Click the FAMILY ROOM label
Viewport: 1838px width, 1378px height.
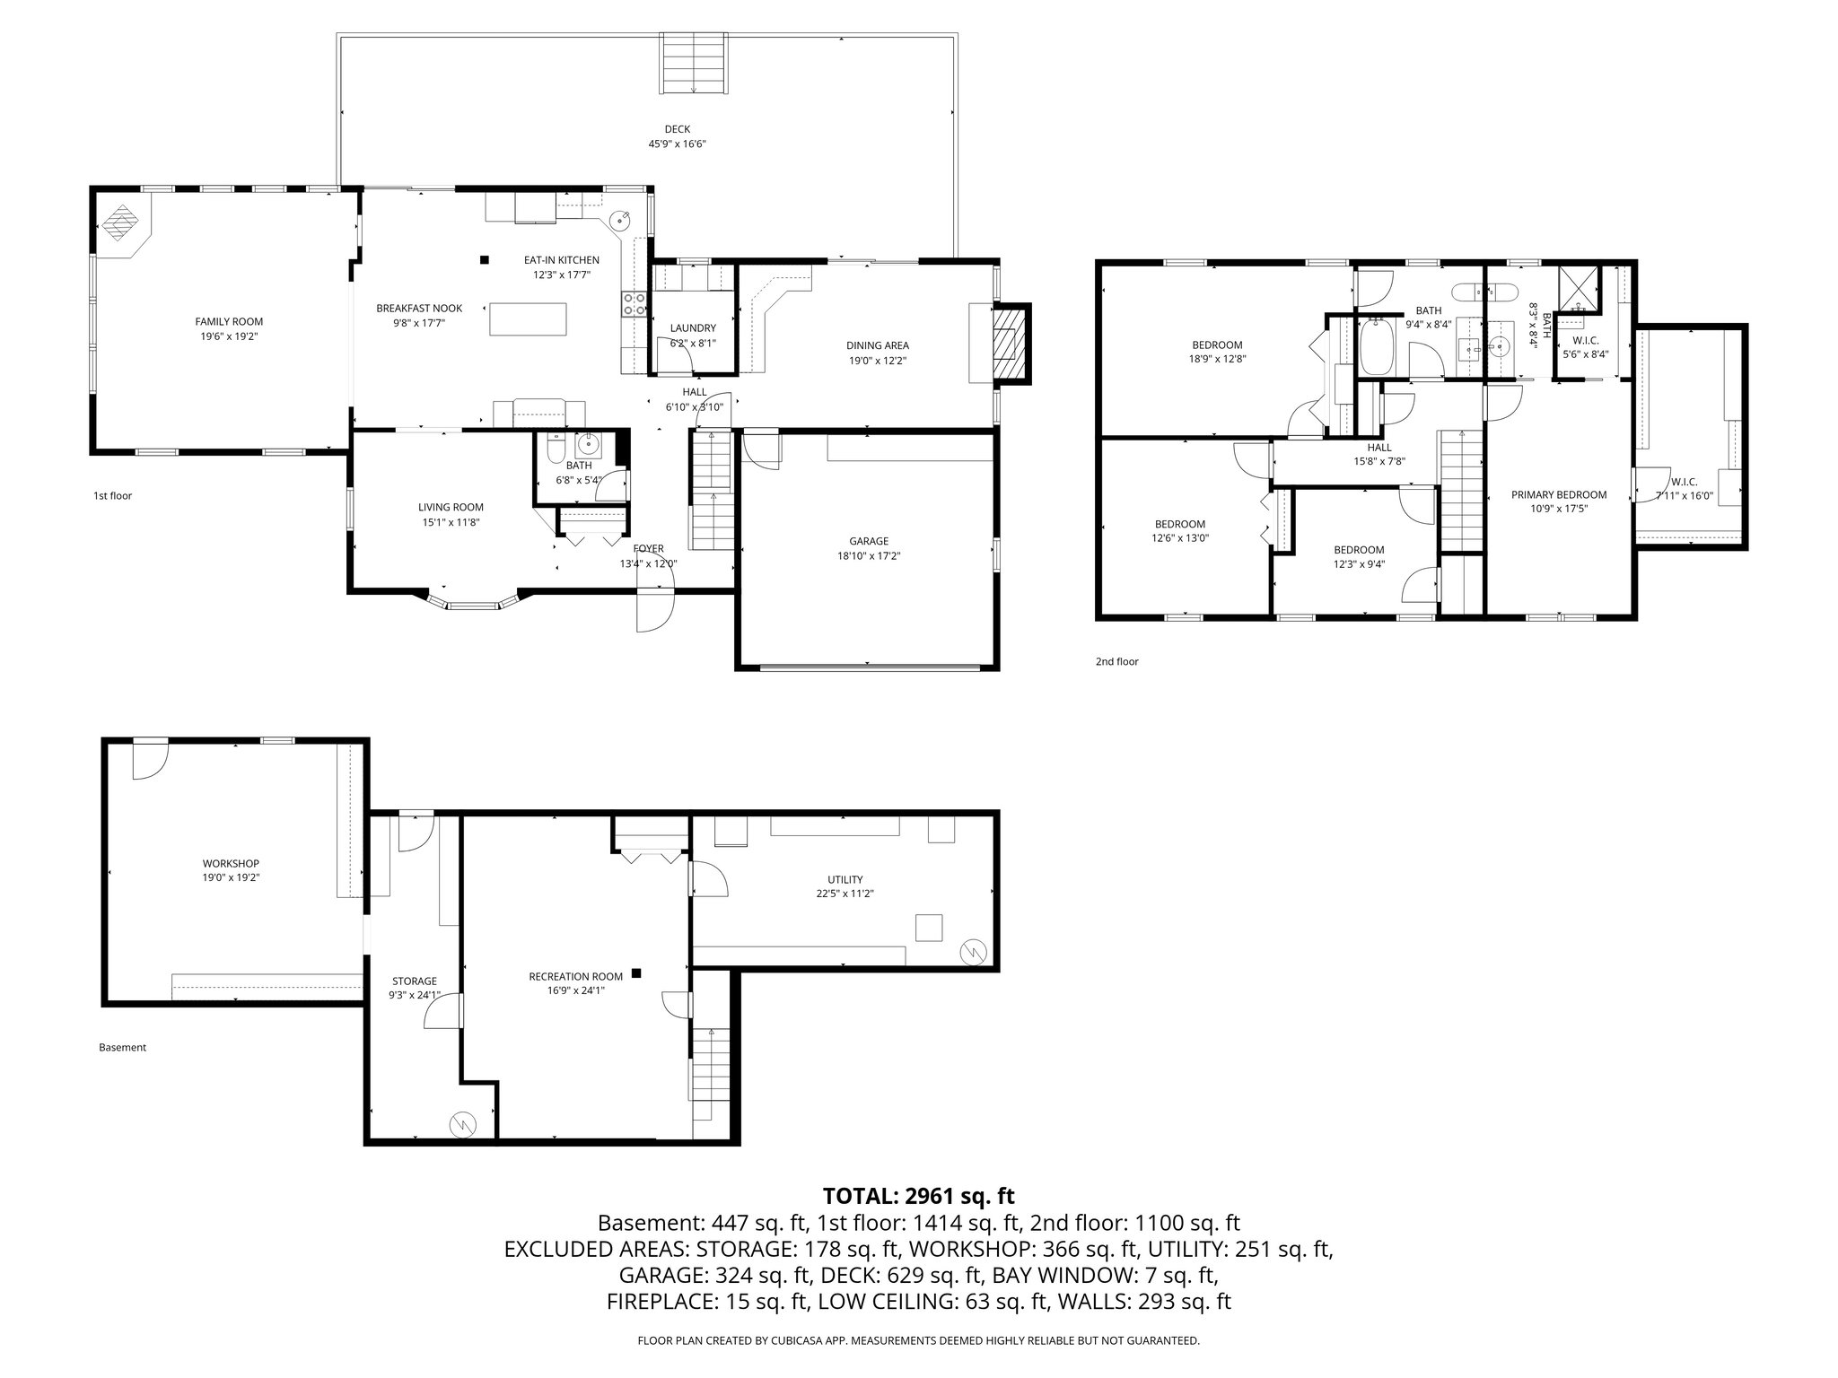tap(229, 321)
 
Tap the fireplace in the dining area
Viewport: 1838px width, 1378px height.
tap(1010, 344)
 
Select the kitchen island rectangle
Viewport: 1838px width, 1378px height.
tap(529, 318)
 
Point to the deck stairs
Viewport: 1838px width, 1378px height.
tap(694, 63)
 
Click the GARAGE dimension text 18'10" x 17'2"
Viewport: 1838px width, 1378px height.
tap(868, 555)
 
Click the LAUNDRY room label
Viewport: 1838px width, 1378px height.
tap(693, 328)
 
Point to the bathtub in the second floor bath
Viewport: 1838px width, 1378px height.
tap(1377, 347)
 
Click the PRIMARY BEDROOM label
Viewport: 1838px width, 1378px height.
tap(1558, 494)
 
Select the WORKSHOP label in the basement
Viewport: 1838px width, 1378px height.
tap(231, 863)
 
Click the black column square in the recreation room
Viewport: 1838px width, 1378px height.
tap(636, 972)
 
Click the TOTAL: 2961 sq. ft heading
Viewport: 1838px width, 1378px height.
tap(918, 1195)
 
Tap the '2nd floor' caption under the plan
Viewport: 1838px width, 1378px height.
tap(1116, 661)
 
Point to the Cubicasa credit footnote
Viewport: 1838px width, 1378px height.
tap(918, 1340)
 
